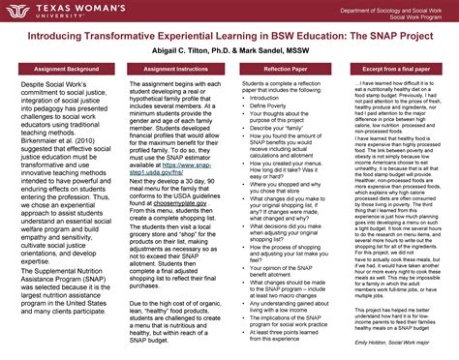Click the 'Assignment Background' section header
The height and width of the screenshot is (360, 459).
[59, 72]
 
